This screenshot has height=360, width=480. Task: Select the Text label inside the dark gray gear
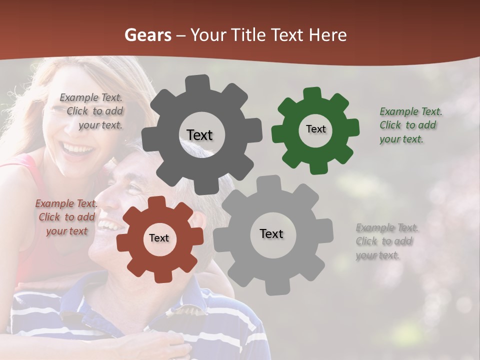tap(199, 135)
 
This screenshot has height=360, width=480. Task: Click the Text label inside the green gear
tap(315, 129)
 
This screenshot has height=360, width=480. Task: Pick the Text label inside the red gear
tap(159, 238)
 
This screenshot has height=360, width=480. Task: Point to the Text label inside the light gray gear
tap(271, 233)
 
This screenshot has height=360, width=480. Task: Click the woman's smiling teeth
tap(77, 148)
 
